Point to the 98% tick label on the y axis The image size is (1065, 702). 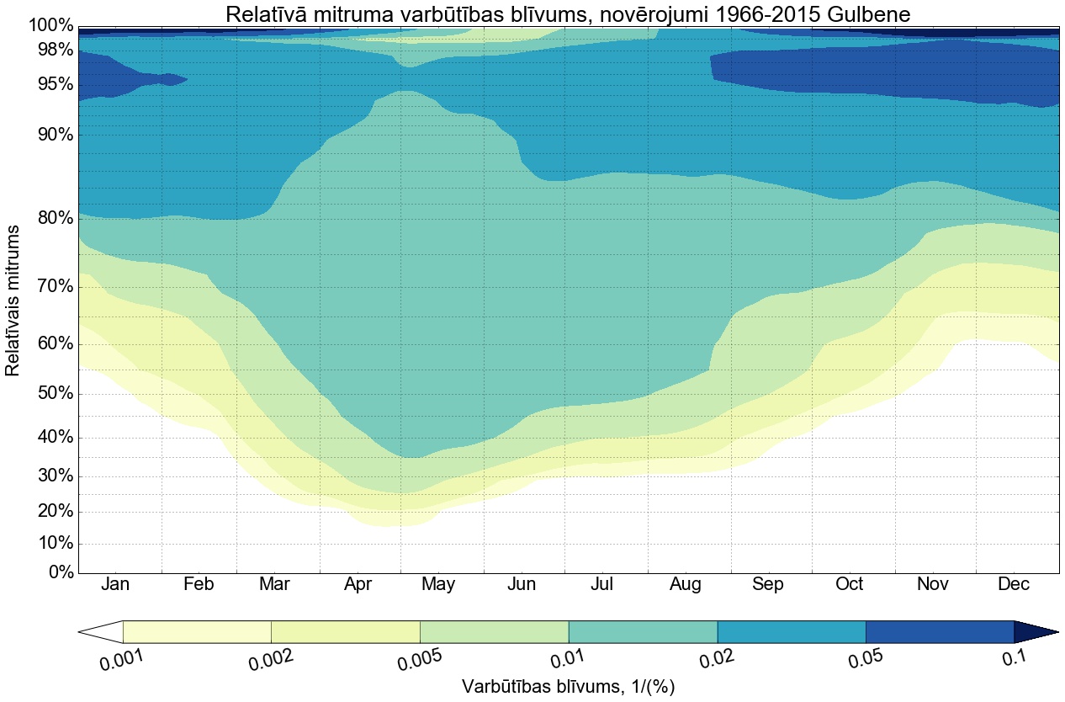tap(50, 50)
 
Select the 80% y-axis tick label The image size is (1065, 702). tap(50, 218)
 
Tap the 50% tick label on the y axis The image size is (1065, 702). tap(50, 394)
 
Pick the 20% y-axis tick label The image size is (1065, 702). tap(50, 512)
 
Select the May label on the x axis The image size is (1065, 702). tap(438, 585)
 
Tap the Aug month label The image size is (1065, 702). tap(686, 585)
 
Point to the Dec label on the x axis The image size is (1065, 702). tap(1015, 585)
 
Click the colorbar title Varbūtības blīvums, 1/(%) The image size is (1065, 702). tap(568, 687)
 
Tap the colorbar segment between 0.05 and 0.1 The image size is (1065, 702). tap(940, 631)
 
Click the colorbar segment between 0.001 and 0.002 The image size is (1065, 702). tap(197, 631)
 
